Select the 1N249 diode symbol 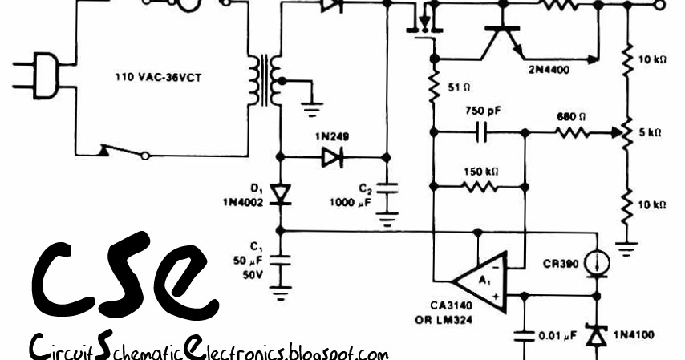coord(332,157)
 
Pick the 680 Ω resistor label coord(571,116)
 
